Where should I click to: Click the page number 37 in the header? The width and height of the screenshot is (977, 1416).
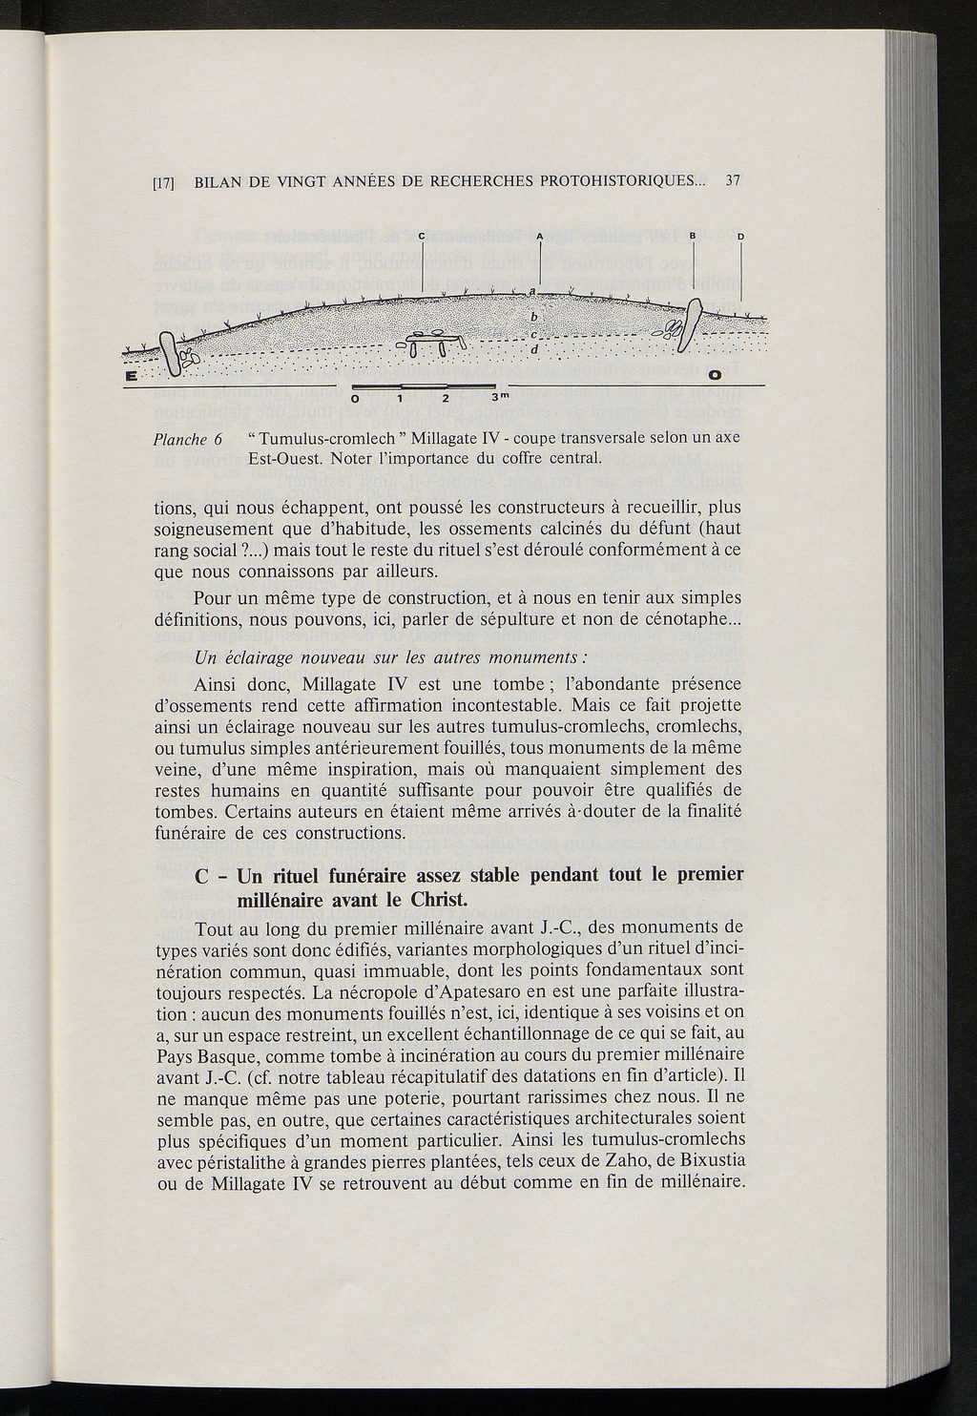click(734, 179)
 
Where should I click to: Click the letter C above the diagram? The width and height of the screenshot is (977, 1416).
click(422, 236)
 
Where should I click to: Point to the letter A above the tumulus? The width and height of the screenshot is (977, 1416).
click(539, 236)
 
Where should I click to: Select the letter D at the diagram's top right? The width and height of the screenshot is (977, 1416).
click(739, 236)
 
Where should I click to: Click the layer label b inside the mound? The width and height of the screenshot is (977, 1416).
click(534, 317)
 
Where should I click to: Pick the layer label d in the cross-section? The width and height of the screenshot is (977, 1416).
click(534, 349)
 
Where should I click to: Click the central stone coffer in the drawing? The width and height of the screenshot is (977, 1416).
click(430, 340)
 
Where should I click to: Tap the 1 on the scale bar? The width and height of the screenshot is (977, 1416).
click(401, 397)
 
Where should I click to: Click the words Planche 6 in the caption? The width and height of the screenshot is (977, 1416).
click(188, 440)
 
